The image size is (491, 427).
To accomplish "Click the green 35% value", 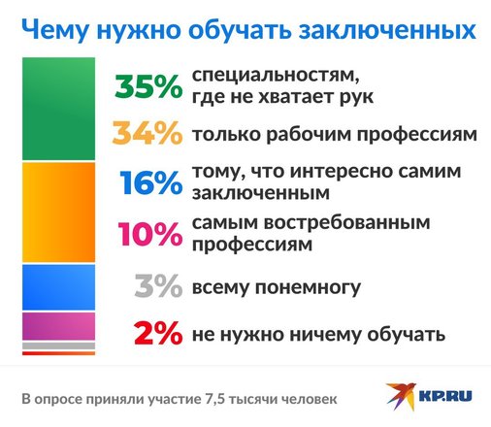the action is click(148, 86).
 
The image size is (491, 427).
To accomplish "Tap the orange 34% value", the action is click(147, 133).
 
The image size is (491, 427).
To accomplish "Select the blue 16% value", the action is click(151, 182).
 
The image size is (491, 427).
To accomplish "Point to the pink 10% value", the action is click(150, 234).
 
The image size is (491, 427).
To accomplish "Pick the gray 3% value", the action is click(158, 285).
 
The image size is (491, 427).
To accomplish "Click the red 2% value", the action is click(158, 333).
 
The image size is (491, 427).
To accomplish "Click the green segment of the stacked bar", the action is click(58, 109).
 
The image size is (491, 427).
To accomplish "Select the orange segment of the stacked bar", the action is click(58, 213).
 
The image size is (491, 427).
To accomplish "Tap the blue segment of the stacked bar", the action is click(58, 287).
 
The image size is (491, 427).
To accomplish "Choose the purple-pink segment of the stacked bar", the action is click(58, 326).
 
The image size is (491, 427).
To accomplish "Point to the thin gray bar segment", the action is click(58, 345).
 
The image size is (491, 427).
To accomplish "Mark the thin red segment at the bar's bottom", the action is click(58, 353).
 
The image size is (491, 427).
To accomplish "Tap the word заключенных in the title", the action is click(387, 31).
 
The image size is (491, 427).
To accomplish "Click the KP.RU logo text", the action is click(445, 396).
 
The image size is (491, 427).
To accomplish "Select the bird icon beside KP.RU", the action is click(401, 396).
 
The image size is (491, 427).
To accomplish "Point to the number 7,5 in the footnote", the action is click(214, 399).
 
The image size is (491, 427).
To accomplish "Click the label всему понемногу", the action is click(277, 287).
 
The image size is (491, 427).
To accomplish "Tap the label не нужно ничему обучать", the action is click(318, 335).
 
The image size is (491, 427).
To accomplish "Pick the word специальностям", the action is click(276, 77).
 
